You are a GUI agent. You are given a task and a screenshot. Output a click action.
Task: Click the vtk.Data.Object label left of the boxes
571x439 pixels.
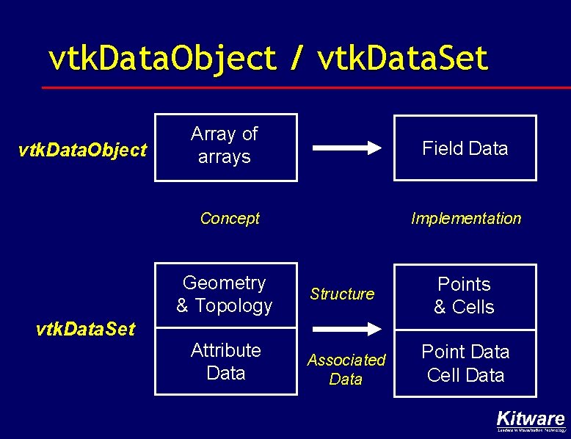(82, 150)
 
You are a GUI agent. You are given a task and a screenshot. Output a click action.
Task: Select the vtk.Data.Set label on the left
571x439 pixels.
(85, 329)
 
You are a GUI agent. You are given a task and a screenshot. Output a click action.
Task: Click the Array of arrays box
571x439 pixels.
(225, 146)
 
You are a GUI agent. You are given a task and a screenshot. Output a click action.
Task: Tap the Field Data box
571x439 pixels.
(465, 148)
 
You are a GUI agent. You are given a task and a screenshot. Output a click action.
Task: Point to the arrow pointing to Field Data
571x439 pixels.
(347, 148)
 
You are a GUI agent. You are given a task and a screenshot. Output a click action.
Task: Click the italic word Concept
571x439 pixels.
(230, 218)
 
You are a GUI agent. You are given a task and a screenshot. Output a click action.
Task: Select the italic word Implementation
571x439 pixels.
(465, 218)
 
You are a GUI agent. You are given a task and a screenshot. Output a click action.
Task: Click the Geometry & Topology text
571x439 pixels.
(225, 294)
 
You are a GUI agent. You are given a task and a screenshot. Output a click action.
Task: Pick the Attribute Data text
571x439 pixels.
(225, 361)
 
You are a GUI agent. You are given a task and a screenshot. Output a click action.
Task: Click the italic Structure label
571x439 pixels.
(342, 294)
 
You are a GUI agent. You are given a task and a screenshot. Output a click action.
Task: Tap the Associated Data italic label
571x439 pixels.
(346, 369)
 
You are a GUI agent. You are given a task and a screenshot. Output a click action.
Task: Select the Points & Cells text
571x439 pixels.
(464, 295)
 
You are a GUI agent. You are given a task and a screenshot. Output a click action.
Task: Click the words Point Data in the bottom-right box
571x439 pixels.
(465, 352)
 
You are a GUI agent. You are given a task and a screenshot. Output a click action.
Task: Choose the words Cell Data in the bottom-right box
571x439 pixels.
(465, 375)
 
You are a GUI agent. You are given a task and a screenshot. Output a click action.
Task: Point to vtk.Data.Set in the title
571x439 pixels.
(403, 59)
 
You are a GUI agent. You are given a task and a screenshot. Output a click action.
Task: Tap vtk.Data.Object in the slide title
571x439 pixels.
(162, 59)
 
